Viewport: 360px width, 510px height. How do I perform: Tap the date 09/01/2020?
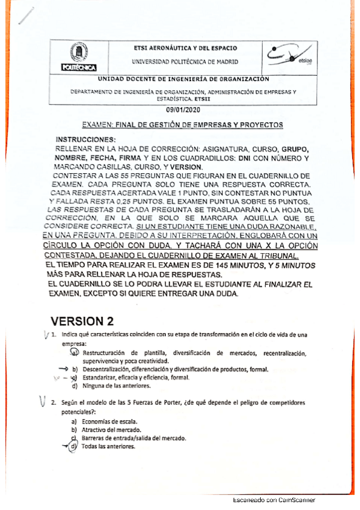pos(180,111)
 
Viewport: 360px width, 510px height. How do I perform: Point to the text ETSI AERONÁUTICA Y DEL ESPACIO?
pos(184,48)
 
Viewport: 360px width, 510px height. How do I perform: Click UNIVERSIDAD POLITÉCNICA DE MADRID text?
pos(185,61)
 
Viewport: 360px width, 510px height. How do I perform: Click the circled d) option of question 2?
pos(73,447)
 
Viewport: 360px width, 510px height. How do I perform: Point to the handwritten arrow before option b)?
pos(63,369)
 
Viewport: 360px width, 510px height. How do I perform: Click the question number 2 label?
pos(54,402)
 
